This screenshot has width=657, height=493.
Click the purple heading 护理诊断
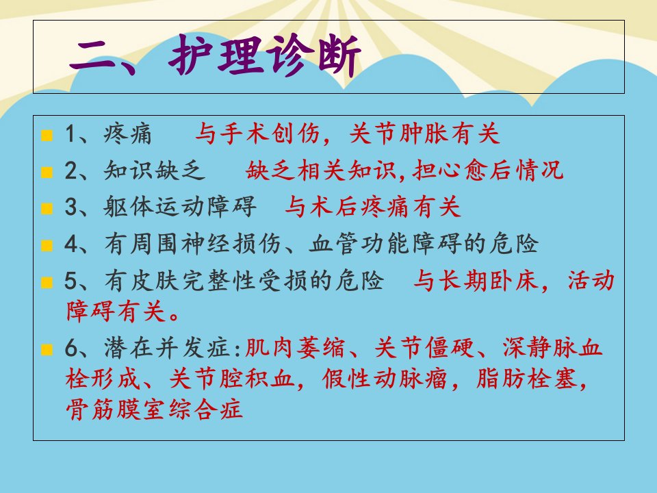click(265, 55)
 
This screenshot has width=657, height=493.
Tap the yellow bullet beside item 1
click(47, 136)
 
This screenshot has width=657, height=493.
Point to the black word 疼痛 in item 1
click(127, 134)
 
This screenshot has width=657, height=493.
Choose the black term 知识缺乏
click(155, 170)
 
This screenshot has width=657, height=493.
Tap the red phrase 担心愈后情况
click(488, 170)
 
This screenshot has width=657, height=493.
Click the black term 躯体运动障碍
click(180, 207)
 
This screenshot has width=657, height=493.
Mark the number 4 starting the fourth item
click(70, 244)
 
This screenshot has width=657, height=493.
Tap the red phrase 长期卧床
click(489, 281)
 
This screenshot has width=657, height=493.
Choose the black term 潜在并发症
click(167, 348)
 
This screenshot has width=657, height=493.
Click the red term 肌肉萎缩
click(294, 348)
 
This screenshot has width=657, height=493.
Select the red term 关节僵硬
click(424, 348)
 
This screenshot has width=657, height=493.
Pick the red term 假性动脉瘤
click(384, 379)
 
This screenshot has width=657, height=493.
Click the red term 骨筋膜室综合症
click(154, 409)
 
